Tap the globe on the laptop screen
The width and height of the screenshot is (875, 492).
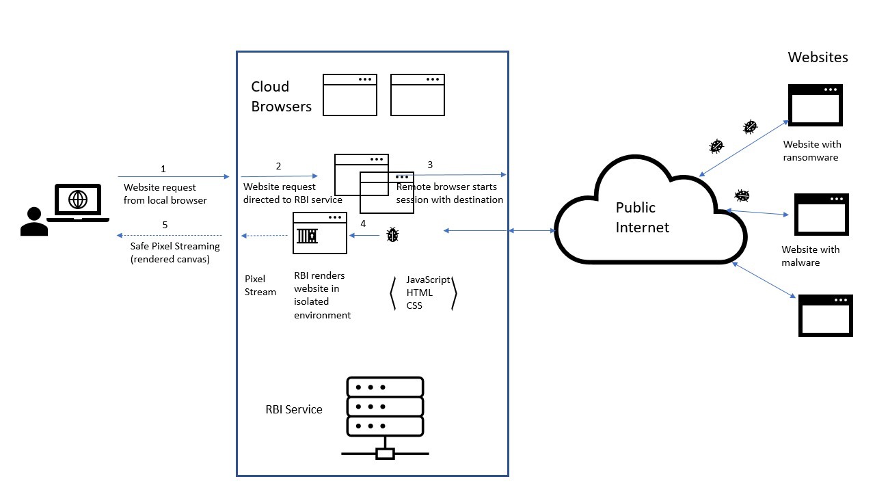(78, 200)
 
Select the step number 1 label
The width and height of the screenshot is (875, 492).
(163, 168)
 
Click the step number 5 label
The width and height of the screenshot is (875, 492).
(164, 225)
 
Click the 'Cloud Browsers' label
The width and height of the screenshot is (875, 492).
(281, 96)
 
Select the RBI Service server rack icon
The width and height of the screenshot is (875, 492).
(385, 417)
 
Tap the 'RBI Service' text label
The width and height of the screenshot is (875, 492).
(294, 409)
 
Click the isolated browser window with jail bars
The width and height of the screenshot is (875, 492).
(319, 233)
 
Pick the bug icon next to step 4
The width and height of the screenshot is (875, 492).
(392, 235)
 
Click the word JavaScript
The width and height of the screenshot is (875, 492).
(428, 279)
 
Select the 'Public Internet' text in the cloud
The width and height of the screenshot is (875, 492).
(643, 217)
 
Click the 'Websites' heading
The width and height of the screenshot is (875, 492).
(818, 57)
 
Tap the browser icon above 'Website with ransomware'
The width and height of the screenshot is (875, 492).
(815, 105)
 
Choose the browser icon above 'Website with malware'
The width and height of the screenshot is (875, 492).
(821, 215)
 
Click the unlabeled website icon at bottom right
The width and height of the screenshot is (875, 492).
(825, 315)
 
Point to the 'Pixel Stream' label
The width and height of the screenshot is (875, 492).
(260, 285)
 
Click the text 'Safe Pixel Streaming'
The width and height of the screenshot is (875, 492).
(175, 246)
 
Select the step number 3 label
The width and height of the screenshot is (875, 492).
(430, 165)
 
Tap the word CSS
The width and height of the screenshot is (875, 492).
(414, 305)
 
